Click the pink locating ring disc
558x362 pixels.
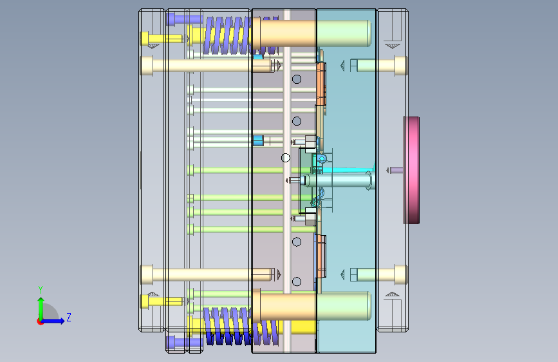pos(411,170)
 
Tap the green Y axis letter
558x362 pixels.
pos(41,290)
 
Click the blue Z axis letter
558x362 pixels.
pos(69,317)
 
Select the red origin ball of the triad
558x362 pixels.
pos(40,321)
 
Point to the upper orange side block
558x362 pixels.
pos(321,84)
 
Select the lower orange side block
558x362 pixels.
pos(321,256)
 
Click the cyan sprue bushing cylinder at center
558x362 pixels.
pos(337,180)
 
